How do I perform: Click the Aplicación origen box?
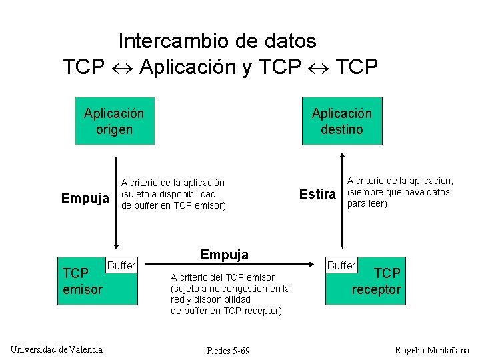click(114, 121)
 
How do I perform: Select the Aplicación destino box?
click(342, 121)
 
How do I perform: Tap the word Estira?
click(317, 194)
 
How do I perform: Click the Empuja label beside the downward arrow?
click(85, 198)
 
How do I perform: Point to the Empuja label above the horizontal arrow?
click(225, 255)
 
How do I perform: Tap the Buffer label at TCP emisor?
click(121, 265)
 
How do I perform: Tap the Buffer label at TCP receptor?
click(341, 265)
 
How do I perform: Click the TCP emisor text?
click(82, 281)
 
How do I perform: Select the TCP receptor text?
click(377, 281)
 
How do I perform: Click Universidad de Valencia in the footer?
click(57, 349)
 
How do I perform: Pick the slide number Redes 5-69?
click(229, 351)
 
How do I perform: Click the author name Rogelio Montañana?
click(432, 351)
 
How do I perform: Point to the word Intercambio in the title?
click(174, 41)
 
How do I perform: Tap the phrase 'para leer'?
click(367, 203)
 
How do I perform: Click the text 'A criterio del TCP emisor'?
click(223, 277)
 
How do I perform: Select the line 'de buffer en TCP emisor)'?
click(173, 205)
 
